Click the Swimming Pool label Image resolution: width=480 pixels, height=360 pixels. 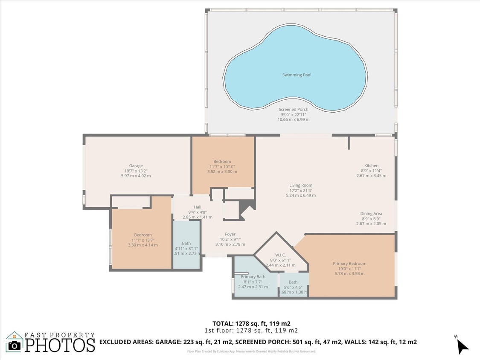(297, 75)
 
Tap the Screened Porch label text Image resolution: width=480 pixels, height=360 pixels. (293, 110)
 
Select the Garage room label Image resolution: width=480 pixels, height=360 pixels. (136, 166)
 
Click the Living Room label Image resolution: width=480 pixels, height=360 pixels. (300, 186)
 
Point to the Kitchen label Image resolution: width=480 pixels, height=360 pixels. (371, 166)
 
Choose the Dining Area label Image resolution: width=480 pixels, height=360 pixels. (371, 214)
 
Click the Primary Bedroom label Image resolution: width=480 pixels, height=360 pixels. (349, 264)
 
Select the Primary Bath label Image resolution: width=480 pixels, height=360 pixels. (253, 277)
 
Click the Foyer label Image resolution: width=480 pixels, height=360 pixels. (230, 234)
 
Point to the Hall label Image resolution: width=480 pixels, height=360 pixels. (197, 207)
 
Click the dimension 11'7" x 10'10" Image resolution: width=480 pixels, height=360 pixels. (222, 166)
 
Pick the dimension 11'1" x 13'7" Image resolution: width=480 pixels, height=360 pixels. (143, 240)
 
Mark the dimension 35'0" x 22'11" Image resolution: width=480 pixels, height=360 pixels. (293, 114)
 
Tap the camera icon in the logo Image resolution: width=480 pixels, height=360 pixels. (15, 345)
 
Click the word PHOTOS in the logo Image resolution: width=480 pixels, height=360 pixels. (60, 345)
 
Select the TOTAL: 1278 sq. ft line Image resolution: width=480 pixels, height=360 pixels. (251, 323)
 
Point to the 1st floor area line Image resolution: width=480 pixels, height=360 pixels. (251, 331)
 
